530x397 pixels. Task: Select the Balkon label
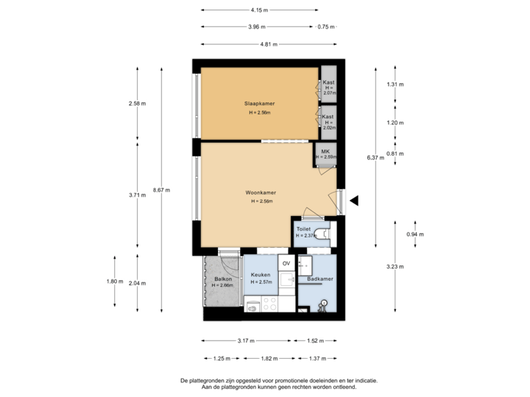[x=223, y=279]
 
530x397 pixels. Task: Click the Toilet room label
[x=303, y=229]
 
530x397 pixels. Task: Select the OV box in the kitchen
[x=286, y=263]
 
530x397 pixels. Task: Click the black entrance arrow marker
[x=354, y=200]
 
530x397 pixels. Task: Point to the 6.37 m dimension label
[x=375, y=157]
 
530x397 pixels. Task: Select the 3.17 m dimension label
[x=246, y=340]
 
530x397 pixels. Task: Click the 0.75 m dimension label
[x=325, y=26]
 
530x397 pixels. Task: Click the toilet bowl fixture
[x=323, y=233]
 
